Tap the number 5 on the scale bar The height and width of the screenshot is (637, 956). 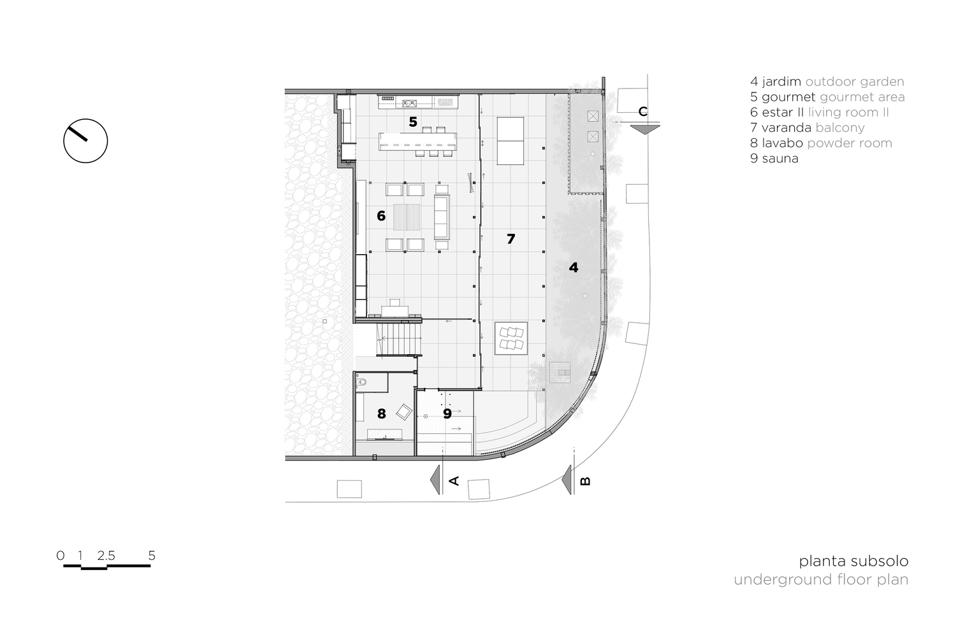[x=152, y=555]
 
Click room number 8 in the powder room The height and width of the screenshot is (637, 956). [x=382, y=413]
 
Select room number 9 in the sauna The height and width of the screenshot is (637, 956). [x=447, y=413]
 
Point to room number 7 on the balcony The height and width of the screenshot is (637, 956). [x=511, y=239]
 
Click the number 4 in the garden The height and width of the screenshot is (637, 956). [x=574, y=268]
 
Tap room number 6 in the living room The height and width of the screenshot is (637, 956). [x=381, y=216]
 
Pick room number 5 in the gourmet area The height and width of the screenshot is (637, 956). [x=413, y=122]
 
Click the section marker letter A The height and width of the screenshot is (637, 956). [x=454, y=480]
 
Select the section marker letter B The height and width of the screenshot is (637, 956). [x=586, y=481]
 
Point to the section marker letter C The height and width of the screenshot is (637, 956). [x=642, y=111]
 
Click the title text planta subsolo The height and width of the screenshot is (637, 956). [x=853, y=561]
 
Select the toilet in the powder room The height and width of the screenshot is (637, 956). [x=361, y=382]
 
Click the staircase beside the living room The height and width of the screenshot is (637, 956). [x=399, y=339]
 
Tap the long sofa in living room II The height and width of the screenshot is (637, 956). [x=442, y=217]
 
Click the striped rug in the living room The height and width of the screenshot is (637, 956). [x=407, y=217]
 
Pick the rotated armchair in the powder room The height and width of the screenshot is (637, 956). [x=404, y=412]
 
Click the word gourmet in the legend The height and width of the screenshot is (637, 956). [x=789, y=97]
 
